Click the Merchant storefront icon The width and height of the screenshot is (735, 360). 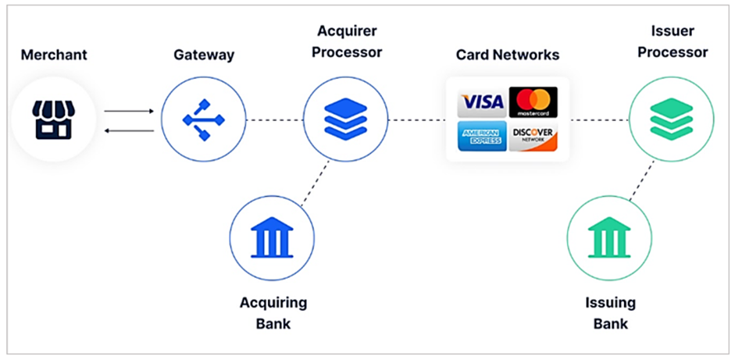tap(53, 119)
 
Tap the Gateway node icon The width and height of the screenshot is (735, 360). tap(203, 119)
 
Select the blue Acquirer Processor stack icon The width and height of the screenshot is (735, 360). tap(344, 119)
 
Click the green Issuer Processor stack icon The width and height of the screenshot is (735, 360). tap(671, 119)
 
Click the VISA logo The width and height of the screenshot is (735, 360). tap(481, 102)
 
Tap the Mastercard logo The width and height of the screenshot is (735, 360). tap(533, 102)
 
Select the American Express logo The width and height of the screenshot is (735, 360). tap(481, 137)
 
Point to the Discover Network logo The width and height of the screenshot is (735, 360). tap(533, 137)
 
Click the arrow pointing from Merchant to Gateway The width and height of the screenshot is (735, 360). tap(129, 111)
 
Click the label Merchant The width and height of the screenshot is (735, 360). tap(53, 55)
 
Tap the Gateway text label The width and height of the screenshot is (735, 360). tap(204, 55)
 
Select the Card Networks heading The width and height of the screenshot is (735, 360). tap(506, 55)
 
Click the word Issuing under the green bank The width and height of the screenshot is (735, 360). tap(610, 303)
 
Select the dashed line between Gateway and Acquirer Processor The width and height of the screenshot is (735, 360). tap(274, 120)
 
